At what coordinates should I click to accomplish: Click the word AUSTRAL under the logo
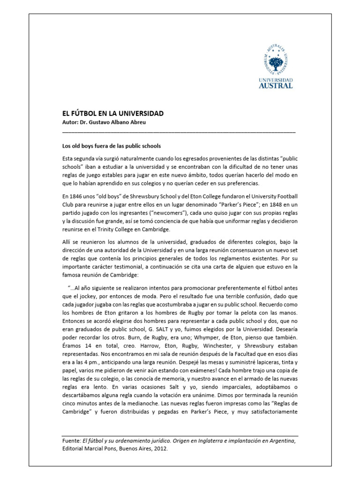pyautogui.click(x=276, y=85)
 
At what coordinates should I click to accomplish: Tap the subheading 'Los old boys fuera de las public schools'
pyautogui.click(x=112, y=146)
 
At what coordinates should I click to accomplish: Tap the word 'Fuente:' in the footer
pyautogui.click(x=72, y=440)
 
